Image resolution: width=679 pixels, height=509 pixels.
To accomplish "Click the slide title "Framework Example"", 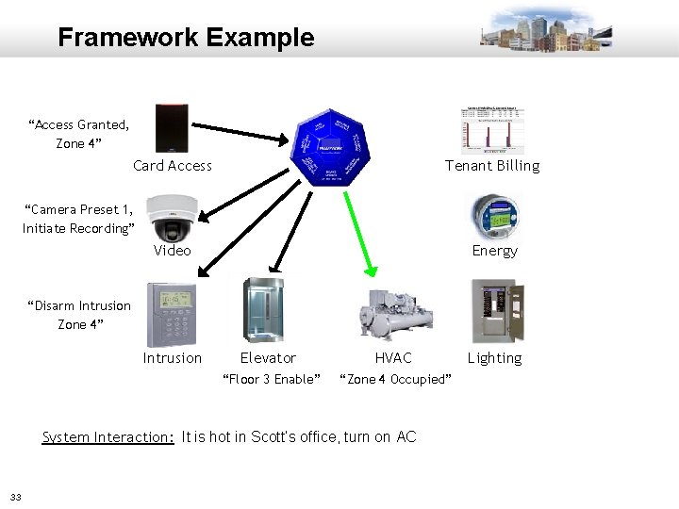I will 186,38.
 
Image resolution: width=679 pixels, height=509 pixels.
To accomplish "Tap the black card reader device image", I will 173,128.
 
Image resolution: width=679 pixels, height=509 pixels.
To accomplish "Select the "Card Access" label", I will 173,166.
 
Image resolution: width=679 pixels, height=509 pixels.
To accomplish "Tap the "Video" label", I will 173,251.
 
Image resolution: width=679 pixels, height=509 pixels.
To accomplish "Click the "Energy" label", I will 494,251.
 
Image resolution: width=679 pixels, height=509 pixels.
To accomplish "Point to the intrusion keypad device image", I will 172,315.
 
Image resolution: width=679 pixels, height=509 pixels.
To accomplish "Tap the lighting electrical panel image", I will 494,312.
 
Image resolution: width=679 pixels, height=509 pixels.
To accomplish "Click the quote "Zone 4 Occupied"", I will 394,379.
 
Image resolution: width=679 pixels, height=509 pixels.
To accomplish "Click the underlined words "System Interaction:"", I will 108,437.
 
